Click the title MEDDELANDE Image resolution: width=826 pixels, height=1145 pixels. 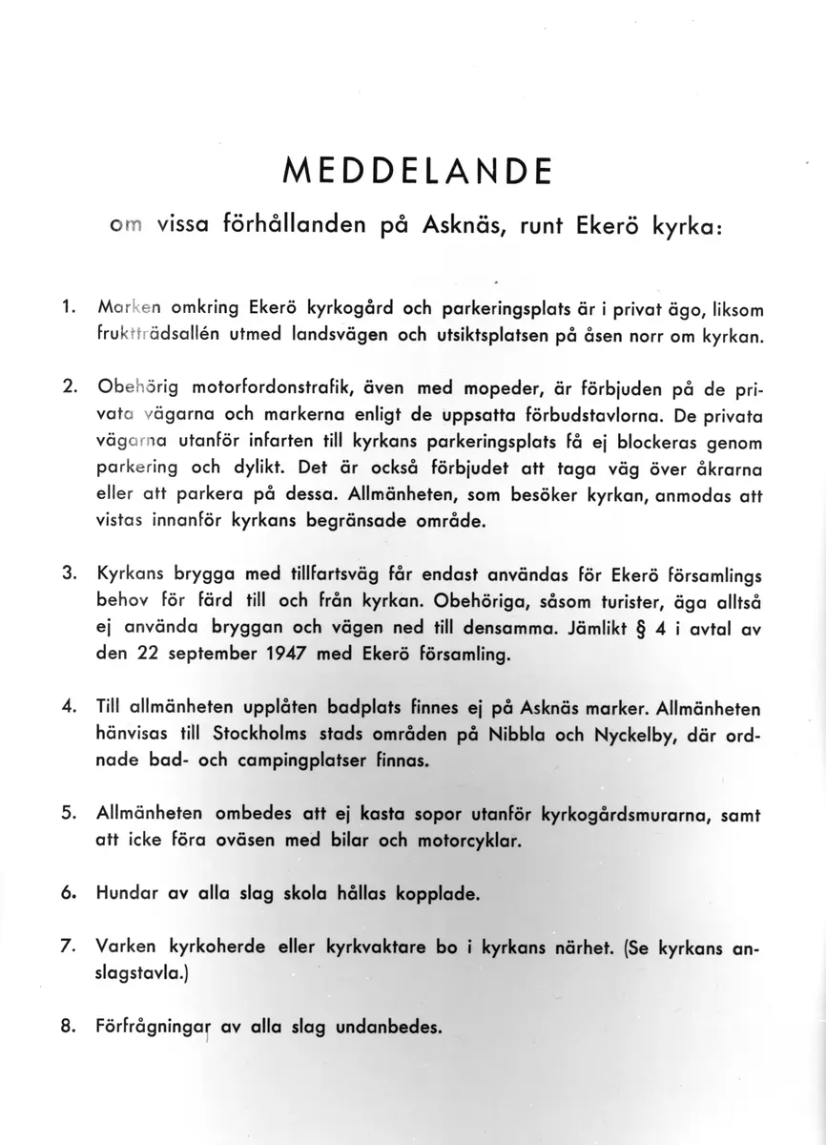(417, 171)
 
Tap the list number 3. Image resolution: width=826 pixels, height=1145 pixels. (68, 576)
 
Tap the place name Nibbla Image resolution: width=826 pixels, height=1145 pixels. (514, 737)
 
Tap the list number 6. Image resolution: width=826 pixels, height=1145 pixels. (68, 895)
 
